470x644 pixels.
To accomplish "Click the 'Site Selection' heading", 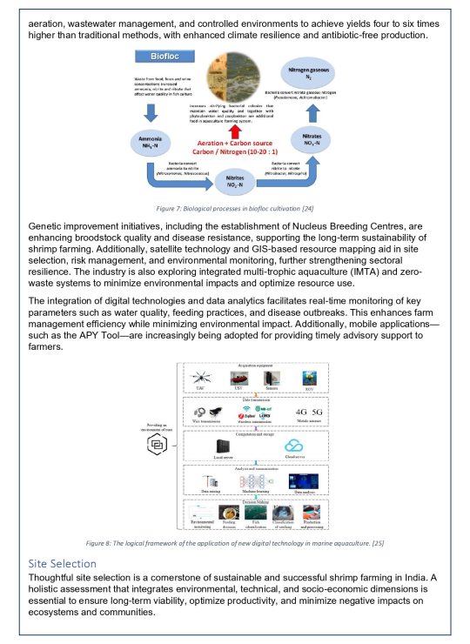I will pos(64,563).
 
